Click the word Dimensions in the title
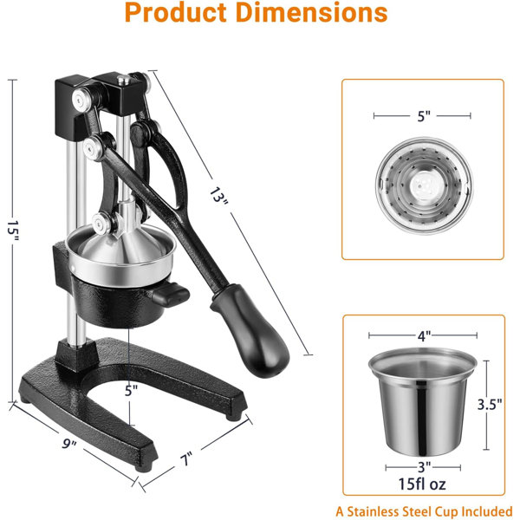312,13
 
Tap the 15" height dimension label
13,231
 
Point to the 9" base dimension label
69,444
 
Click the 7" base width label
186,459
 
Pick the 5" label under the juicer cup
131,391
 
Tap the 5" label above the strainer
424,116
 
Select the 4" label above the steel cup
424,335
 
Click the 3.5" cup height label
490,404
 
